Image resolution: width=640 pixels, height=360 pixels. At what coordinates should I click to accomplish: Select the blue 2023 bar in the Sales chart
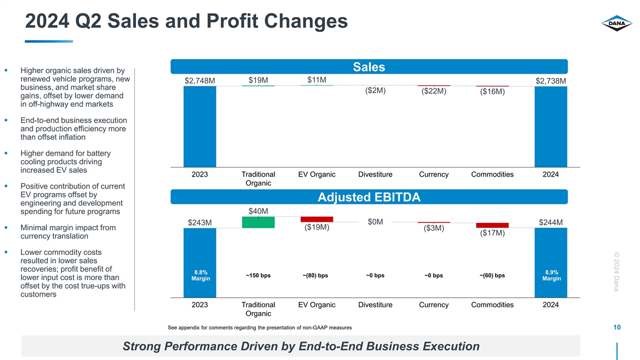pyautogui.click(x=199, y=126)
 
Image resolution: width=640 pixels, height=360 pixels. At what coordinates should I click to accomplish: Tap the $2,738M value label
pyautogui.click(x=550, y=81)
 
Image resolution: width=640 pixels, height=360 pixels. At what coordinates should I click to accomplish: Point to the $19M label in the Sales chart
pyautogui.click(x=258, y=80)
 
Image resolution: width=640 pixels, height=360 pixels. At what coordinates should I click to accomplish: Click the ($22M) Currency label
pyautogui.click(x=434, y=91)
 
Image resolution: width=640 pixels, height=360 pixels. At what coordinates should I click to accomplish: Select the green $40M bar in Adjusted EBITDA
pyautogui.click(x=258, y=222)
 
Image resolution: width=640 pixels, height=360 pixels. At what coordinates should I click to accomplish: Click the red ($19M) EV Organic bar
pyautogui.click(x=317, y=219)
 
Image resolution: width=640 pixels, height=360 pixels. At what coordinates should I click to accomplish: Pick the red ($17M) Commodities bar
pyautogui.click(x=492, y=225)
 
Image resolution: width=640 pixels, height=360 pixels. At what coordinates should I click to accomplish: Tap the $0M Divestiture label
pyautogui.click(x=375, y=222)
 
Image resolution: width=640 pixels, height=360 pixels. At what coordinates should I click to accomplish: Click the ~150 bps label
pyautogui.click(x=258, y=276)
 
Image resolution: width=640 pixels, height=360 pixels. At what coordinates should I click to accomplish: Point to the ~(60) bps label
pyautogui.click(x=492, y=276)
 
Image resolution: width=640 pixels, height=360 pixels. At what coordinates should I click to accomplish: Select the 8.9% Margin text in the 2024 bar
pyautogui.click(x=550, y=275)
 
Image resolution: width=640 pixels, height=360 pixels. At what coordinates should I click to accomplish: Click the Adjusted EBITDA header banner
pyautogui.click(x=369, y=197)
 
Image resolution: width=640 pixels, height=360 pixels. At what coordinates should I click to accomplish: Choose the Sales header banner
pyautogui.click(x=369, y=67)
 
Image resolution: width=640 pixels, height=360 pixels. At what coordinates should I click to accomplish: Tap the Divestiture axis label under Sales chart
pyautogui.click(x=375, y=174)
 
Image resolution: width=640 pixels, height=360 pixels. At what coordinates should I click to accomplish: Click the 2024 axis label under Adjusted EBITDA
pyautogui.click(x=550, y=305)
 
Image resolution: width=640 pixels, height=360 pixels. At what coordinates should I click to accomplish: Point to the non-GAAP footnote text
pyautogui.click(x=259, y=327)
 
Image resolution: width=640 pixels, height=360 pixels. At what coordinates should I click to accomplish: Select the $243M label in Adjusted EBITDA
pyautogui.click(x=199, y=222)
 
